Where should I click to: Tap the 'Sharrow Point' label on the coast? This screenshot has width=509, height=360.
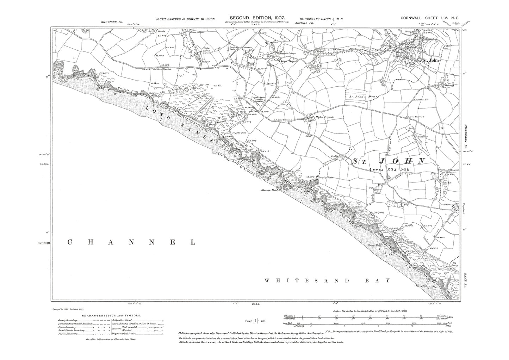tap(269, 190)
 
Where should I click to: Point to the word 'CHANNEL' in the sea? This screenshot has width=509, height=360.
tap(131, 242)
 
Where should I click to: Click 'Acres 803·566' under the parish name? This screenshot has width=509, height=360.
tap(388, 169)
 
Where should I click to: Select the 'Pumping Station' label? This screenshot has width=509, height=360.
tap(326, 178)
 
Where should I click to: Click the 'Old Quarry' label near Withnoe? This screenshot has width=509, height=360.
tap(378, 212)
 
